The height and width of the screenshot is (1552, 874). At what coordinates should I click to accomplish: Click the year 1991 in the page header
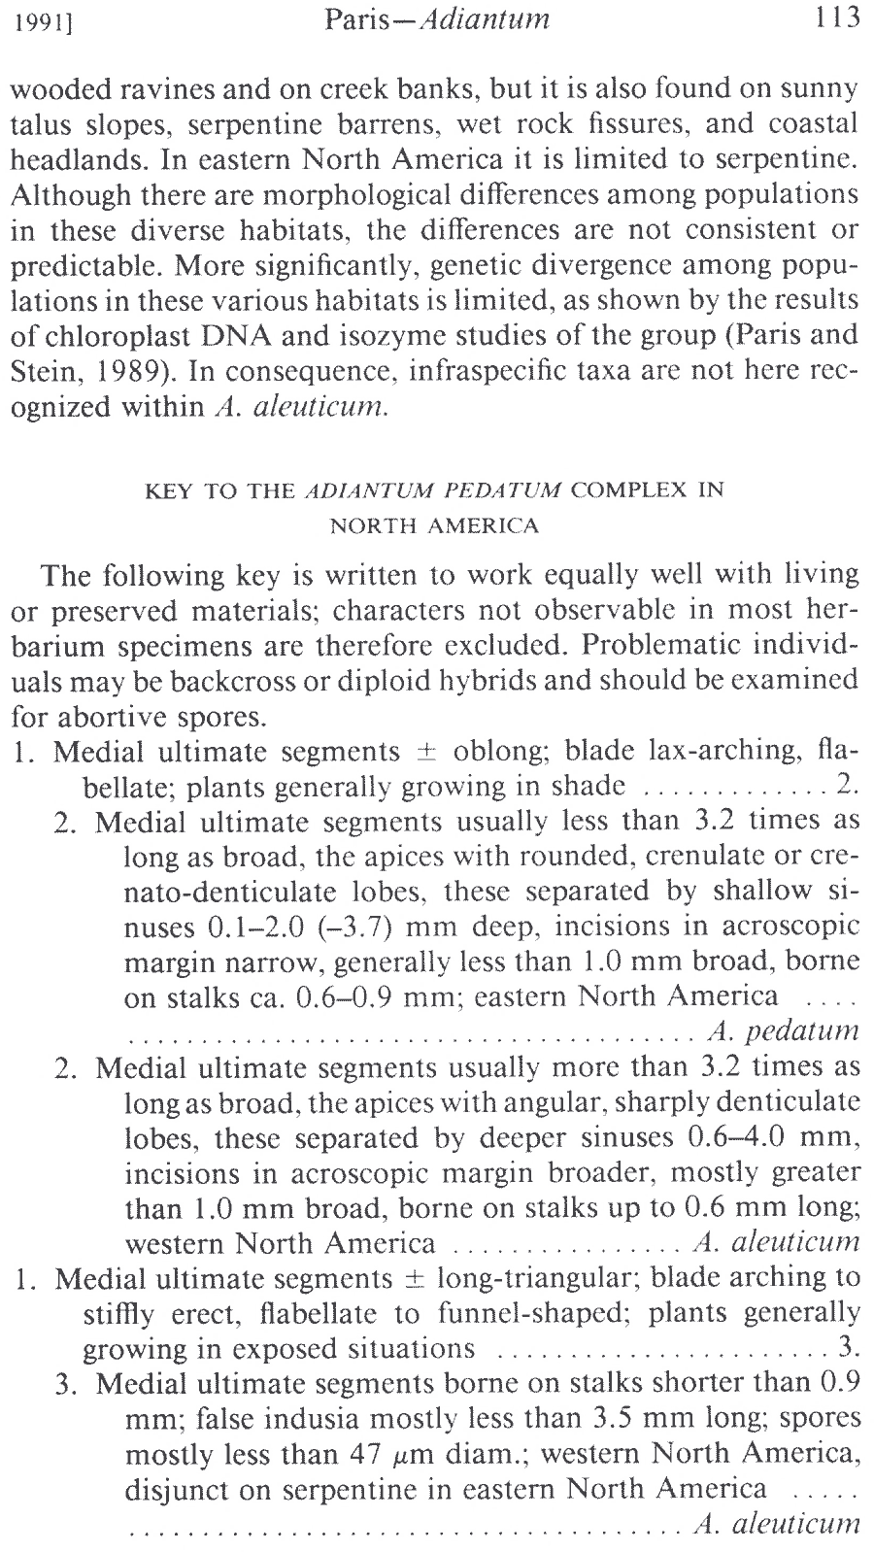(38, 20)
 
